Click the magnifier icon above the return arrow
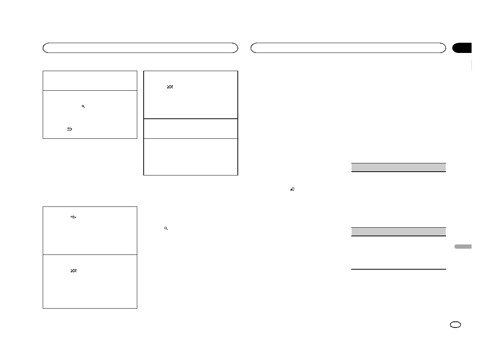(84, 107)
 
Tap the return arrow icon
(69, 129)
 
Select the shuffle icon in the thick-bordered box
(170, 87)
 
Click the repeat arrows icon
(73, 217)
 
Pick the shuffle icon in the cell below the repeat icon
(73, 271)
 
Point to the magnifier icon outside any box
(166, 228)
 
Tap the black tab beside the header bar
(462, 48)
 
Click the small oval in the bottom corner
(456, 325)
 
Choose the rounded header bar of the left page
(140, 48)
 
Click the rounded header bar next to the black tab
(348, 48)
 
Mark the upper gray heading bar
(398, 167)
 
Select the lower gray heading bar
(398, 231)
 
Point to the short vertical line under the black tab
(472, 65)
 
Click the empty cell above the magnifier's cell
(90, 81)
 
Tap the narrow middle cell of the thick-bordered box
(191, 129)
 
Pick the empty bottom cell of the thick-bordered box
(191, 157)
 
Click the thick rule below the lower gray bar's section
(398, 269)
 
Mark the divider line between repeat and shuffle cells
(90, 254)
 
